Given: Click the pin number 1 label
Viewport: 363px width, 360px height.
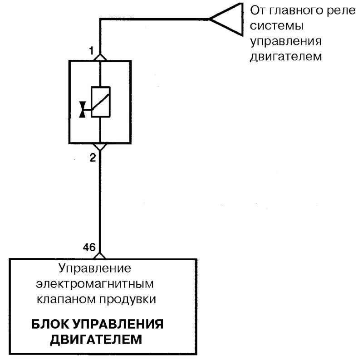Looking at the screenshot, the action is (92, 50).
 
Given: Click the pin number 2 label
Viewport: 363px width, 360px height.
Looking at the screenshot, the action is (93, 158).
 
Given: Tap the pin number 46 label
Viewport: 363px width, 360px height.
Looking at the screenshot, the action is (89, 247).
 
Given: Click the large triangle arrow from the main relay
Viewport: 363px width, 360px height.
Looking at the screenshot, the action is (226, 19).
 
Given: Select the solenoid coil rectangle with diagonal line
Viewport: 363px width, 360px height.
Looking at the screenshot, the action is (100, 102).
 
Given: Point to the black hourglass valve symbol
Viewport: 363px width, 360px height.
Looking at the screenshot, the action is (83, 109).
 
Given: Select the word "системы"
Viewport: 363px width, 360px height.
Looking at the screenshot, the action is (277, 26).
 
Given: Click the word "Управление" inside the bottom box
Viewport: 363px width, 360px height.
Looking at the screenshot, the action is (95, 268).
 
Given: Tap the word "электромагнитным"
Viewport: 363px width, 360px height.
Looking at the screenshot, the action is (95, 284).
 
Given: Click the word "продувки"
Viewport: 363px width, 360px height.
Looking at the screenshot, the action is (128, 300).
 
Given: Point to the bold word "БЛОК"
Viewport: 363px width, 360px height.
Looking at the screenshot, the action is (50, 324).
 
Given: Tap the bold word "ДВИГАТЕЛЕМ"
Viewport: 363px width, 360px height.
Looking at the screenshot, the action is (96, 340).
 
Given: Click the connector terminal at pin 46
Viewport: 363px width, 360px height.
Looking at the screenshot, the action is (100, 256).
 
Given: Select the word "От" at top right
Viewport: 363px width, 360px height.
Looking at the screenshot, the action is (258, 10).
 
